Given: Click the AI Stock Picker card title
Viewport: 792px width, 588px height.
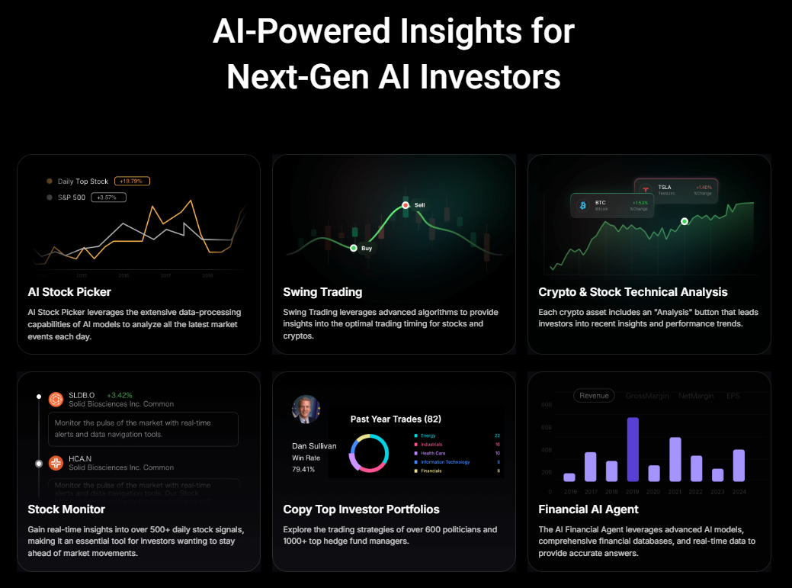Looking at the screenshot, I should pyautogui.click(x=69, y=292).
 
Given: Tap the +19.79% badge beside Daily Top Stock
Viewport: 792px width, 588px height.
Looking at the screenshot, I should pyautogui.click(x=133, y=182).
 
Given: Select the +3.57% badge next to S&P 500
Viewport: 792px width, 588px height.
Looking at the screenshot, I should pyautogui.click(x=108, y=198).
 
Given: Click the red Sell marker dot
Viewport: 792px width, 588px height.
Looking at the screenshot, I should pyautogui.click(x=406, y=205).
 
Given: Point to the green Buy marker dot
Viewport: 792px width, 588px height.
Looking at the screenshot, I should pyautogui.click(x=354, y=248).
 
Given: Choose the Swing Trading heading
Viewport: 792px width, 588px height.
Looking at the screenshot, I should pyautogui.click(x=322, y=292).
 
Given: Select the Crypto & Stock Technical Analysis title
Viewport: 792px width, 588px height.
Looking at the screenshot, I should pyautogui.click(x=633, y=292).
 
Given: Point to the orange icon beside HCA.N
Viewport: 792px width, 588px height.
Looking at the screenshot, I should pyautogui.click(x=56, y=463).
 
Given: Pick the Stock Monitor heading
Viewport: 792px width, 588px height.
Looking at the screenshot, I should pyautogui.click(x=66, y=509).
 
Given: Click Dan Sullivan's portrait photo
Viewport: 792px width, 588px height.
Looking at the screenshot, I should pyautogui.click(x=306, y=410).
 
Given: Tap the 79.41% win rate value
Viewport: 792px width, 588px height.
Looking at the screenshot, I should pyautogui.click(x=303, y=469).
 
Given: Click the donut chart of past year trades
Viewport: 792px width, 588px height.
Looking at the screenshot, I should pyautogui.click(x=369, y=453).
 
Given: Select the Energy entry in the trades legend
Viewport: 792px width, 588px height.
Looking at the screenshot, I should pyautogui.click(x=428, y=435).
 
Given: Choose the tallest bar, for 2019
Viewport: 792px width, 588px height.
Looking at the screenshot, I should pyautogui.click(x=633, y=449).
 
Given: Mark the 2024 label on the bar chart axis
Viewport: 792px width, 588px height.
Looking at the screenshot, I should pyautogui.click(x=738, y=492).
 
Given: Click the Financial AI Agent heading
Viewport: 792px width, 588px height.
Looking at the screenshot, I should pyautogui.click(x=588, y=509).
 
